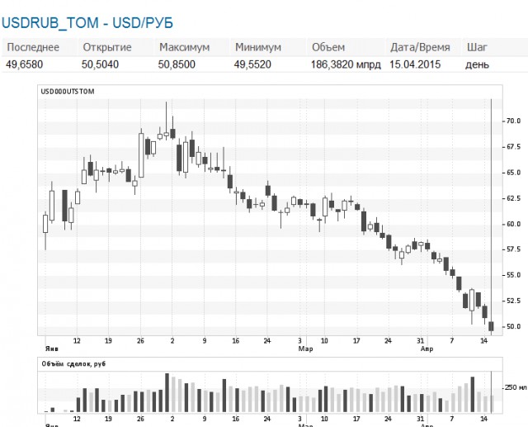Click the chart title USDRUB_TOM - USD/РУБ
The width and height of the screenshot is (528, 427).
coord(87,23)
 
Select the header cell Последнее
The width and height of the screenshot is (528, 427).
coord(33,47)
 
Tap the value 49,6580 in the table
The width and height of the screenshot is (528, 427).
coord(24,64)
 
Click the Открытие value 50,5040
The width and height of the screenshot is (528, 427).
coord(100,64)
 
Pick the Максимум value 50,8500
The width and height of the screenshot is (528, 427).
coord(177,64)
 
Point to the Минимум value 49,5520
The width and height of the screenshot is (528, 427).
coord(252,64)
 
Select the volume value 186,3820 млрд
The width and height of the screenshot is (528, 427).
coord(346,64)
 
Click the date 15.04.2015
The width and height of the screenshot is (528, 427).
coord(415,64)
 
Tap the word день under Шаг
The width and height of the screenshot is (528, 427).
coord(477,64)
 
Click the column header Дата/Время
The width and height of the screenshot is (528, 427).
coord(420,47)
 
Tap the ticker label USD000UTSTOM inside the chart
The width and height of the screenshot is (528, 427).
coord(68,92)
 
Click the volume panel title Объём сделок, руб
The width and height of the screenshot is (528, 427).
coord(73,364)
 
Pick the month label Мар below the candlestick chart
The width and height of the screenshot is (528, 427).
coord(305,349)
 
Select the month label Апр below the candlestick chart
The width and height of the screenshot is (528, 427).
coord(427,349)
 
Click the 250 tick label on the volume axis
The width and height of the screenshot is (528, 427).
coord(516,387)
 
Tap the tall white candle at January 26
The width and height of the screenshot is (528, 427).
coord(141,155)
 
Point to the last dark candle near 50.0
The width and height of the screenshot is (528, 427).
coord(492,326)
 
